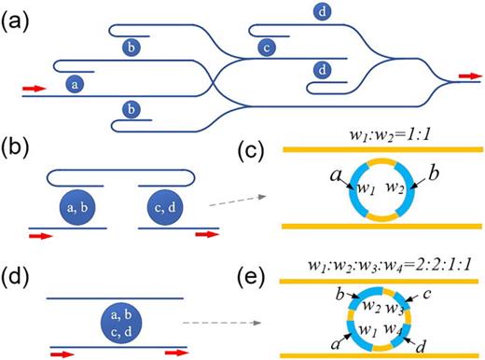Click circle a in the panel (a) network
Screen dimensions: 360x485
pos(74,83)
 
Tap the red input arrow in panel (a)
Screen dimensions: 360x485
pos(34,90)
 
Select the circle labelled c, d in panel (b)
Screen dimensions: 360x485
pos(166,206)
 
